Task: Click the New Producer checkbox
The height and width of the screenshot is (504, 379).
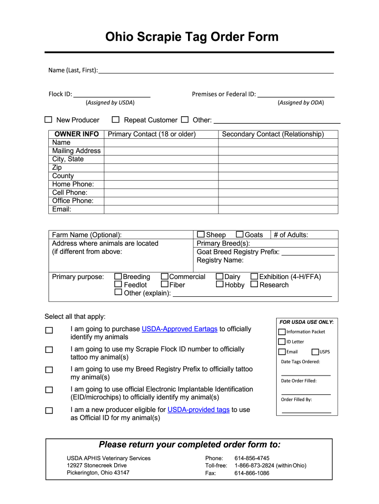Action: point(48,120)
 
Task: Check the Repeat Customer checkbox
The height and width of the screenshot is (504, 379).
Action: point(116,120)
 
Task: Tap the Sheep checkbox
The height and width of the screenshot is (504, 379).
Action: point(201,235)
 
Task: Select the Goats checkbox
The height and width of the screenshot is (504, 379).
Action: point(240,235)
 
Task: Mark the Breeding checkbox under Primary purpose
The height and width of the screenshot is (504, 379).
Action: point(118,277)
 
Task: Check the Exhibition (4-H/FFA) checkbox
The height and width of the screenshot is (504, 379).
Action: point(254,277)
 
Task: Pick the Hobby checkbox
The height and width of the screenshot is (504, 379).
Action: point(220,284)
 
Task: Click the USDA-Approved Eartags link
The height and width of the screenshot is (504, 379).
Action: point(179,329)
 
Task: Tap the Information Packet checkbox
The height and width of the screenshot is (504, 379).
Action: point(282,332)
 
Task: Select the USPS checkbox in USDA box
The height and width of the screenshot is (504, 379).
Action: point(315,352)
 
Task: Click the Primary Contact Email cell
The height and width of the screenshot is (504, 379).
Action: point(161,209)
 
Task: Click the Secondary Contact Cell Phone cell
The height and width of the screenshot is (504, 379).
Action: point(278,192)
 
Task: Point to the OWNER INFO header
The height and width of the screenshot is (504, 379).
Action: point(76,134)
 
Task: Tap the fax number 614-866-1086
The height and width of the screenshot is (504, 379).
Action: point(252,473)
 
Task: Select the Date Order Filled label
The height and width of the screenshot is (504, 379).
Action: point(299,380)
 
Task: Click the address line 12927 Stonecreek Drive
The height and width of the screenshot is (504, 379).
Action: point(96,465)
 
